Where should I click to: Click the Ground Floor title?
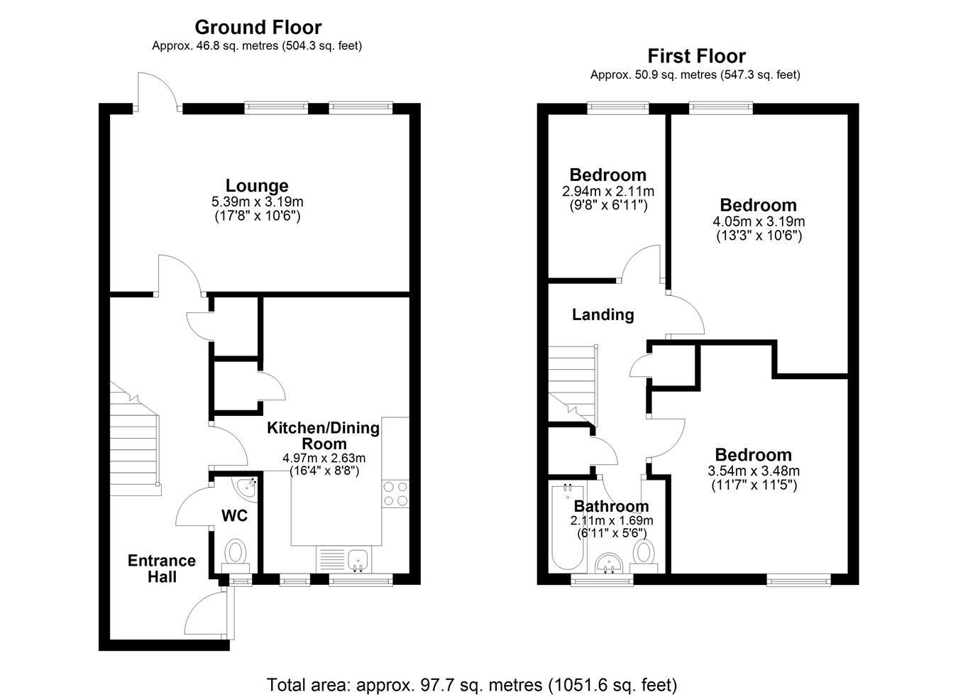[258, 28]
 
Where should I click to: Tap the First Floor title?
[697, 56]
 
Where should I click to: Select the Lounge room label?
[257, 186]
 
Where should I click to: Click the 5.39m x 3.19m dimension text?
[258, 202]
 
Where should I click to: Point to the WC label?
[235, 515]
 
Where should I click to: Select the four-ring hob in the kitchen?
[395, 494]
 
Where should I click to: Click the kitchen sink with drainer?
[344, 559]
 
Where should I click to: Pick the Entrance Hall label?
[162, 569]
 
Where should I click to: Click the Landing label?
[603, 314]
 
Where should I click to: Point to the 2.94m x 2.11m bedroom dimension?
[608, 191]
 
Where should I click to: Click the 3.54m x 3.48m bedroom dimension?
[754, 471]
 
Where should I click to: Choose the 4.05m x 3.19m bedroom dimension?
[759, 221]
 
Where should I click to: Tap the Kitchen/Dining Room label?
[324, 436]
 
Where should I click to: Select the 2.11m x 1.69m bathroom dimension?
[612, 521]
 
